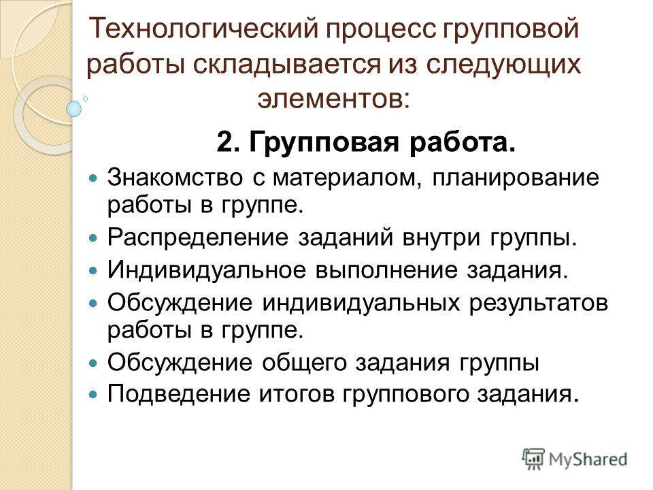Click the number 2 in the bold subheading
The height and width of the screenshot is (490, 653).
pos(225,143)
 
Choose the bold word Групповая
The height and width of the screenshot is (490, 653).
pos(324,144)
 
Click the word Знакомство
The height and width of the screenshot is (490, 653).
pos(175,178)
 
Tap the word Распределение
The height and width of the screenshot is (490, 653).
pos(198,238)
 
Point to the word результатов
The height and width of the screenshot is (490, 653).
pos(539,304)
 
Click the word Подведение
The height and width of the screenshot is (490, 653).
pos(179,394)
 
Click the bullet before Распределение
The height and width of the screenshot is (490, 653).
pos(93,238)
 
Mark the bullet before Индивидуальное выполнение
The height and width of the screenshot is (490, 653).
pos(93,271)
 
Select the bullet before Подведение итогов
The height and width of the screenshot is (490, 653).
pos(93,394)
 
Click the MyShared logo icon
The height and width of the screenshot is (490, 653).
pos(533,459)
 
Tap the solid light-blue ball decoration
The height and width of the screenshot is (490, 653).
pos(74,109)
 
